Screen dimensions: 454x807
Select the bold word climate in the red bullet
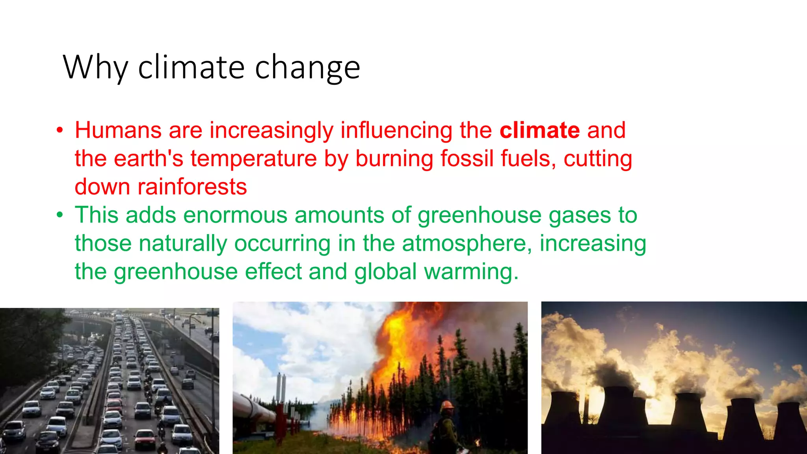click(x=539, y=130)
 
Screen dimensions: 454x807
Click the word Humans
click(x=118, y=130)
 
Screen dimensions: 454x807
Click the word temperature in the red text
click(x=254, y=158)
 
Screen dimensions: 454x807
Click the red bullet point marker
click(x=60, y=130)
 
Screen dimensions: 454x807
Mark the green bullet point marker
click(x=60, y=215)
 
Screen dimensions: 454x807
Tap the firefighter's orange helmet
click(x=447, y=405)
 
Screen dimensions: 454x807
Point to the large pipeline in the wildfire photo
click(x=256, y=410)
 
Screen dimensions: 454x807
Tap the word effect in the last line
click(x=273, y=272)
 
